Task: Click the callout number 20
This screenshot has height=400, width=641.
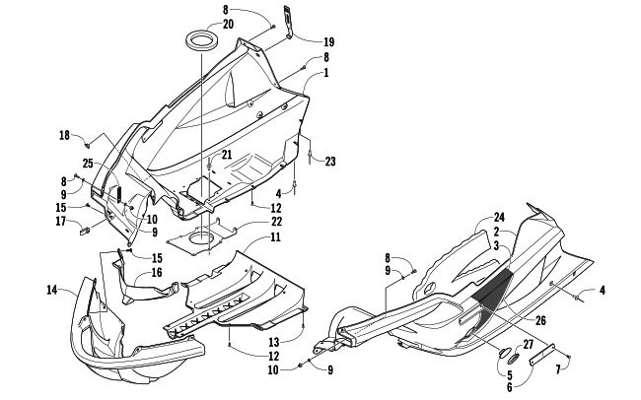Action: [228, 25]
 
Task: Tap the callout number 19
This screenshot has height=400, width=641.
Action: [328, 42]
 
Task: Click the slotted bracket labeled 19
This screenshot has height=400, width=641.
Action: [289, 23]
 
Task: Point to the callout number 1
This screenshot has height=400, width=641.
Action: [326, 73]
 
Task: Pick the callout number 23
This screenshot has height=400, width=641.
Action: [330, 162]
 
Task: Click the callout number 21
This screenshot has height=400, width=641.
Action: [227, 155]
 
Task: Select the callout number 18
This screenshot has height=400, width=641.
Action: [64, 135]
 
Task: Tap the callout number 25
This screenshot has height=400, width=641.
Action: [89, 164]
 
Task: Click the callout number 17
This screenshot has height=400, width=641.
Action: [61, 222]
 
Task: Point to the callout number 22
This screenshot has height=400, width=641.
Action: [277, 222]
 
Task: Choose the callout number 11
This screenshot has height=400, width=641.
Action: [275, 237]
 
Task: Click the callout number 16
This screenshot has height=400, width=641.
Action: [157, 273]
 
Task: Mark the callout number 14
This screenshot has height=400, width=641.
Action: [52, 290]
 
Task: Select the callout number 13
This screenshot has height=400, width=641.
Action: [274, 341]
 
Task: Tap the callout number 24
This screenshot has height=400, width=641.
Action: [499, 217]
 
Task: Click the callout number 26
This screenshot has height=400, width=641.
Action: [540, 320]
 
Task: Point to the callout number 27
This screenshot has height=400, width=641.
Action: [529, 345]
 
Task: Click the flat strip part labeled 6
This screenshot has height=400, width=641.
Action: [541, 354]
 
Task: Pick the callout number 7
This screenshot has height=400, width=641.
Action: [558, 369]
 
